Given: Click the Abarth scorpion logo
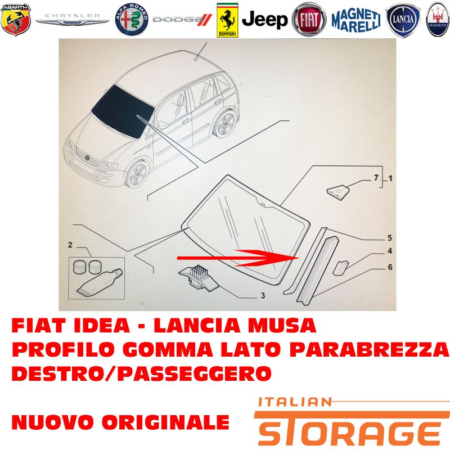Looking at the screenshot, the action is click(16, 20).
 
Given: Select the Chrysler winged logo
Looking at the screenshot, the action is click(73, 19).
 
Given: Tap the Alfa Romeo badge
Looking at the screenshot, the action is click(132, 20).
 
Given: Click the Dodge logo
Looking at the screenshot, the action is click(182, 20).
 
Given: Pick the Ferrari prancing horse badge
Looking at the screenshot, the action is click(227, 20).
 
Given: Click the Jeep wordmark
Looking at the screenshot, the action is click(264, 20).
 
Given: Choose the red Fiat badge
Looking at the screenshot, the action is click(309, 20).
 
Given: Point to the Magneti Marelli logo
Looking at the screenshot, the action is click(356, 20).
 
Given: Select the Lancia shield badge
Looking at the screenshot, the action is click(403, 20).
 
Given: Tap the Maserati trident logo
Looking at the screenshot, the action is click(438, 20).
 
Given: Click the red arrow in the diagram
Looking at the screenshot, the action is click(238, 258).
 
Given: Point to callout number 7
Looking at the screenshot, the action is click(376, 178).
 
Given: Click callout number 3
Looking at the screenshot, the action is click(263, 295).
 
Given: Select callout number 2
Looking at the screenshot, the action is click(70, 245).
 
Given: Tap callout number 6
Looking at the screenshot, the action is click(390, 267).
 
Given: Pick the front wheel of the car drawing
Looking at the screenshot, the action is click(137, 174).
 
